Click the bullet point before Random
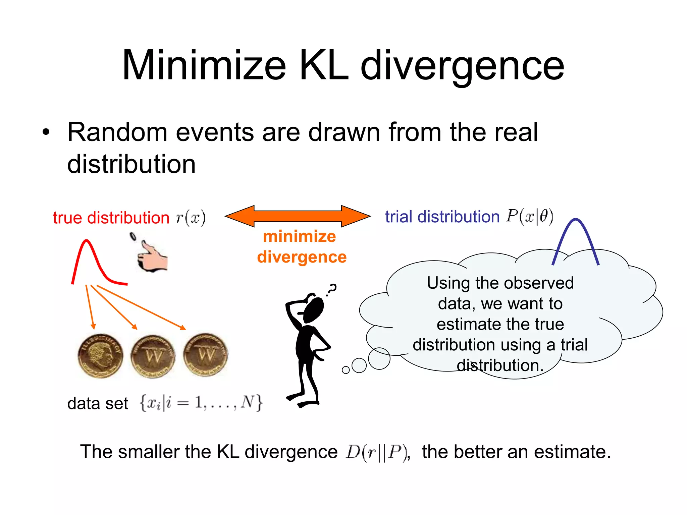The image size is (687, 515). (46, 132)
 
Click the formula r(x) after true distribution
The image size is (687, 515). (191, 218)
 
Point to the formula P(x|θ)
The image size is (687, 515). (530, 216)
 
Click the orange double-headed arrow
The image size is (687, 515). (298, 216)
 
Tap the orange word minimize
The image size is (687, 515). (299, 236)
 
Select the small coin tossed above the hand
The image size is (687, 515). (133, 237)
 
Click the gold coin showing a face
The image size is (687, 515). (100, 356)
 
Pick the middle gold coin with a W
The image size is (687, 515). (153, 356)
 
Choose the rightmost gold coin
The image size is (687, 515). (205, 355)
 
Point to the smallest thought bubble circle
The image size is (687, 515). (346, 370)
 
